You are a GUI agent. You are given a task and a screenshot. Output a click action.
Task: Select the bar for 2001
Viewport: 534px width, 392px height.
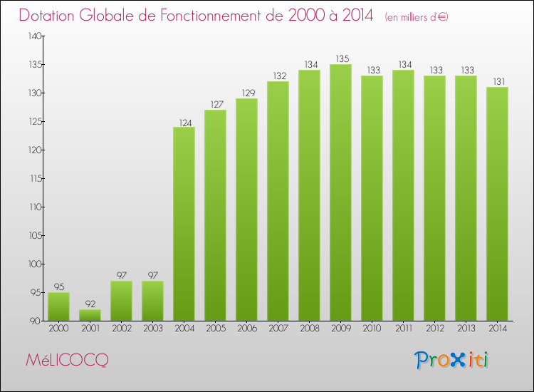(x=90, y=314)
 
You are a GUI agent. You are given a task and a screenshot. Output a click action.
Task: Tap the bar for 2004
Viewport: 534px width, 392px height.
(x=184, y=224)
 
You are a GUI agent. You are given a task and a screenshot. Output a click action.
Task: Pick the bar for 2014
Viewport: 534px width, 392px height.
(x=497, y=204)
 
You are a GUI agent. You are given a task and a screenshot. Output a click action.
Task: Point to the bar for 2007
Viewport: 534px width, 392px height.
(x=278, y=201)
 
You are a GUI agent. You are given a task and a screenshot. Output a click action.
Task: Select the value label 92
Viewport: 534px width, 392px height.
(x=90, y=304)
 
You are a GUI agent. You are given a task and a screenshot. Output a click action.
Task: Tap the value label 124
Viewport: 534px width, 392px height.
(x=184, y=122)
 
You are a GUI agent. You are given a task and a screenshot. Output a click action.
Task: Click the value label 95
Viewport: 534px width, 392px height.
(x=58, y=287)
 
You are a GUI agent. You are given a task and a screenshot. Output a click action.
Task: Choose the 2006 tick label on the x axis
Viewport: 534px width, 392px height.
(x=246, y=328)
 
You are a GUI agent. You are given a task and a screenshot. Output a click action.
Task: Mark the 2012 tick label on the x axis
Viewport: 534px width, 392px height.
(x=434, y=328)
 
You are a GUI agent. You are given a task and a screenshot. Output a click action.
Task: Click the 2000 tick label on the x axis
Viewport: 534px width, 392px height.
(x=58, y=328)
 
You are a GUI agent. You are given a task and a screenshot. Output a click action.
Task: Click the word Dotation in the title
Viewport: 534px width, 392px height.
(x=51, y=16)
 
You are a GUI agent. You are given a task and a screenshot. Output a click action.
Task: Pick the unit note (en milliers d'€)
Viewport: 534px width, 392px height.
(x=417, y=17)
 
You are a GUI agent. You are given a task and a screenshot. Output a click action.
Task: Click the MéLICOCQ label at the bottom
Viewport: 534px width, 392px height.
(x=67, y=361)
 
